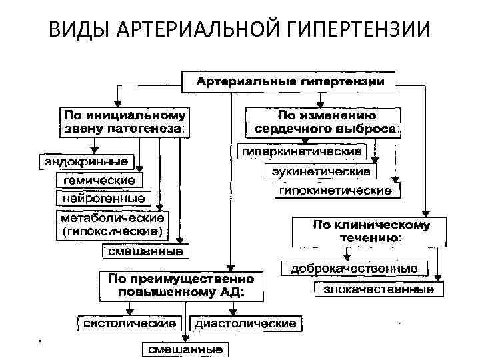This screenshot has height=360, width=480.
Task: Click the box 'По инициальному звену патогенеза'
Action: click(125, 121)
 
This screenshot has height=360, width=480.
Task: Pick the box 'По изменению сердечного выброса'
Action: click(323, 121)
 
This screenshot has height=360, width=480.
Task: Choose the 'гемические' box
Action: click(99, 181)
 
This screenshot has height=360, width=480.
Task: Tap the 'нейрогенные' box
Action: click(104, 198)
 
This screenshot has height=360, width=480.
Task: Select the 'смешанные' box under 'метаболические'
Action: click(145, 251)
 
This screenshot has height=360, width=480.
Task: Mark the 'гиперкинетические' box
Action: click(302, 151)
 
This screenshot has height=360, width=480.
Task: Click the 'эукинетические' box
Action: click(322, 172)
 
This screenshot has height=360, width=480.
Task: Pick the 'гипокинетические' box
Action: click(336, 191)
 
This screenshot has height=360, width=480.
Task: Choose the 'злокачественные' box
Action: click(378, 289)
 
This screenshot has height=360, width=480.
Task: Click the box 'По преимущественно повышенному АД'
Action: click(181, 285)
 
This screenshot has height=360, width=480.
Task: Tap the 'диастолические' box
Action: click(246, 323)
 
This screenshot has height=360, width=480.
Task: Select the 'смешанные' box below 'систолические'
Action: click(185, 349)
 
